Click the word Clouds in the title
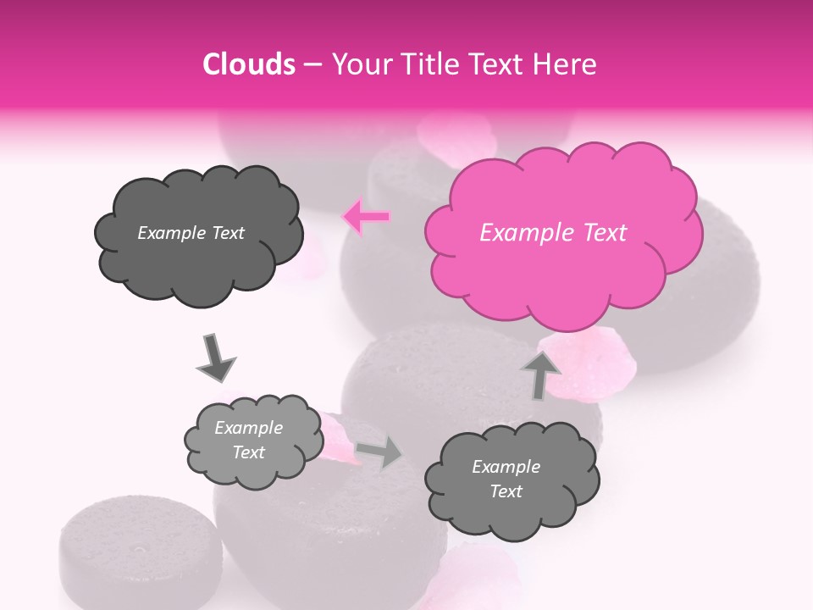pyautogui.click(x=248, y=64)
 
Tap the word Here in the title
pyautogui.click(x=567, y=64)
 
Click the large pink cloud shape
pyautogui.click(x=563, y=233)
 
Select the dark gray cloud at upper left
pyautogui.click(x=198, y=234)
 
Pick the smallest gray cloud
pyautogui.click(x=253, y=441)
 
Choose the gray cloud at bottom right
pyautogui.click(x=511, y=480)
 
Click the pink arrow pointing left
pyautogui.click(x=366, y=217)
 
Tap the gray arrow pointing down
pyautogui.click(x=215, y=358)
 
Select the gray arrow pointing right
pyautogui.click(x=379, y=453)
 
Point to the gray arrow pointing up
pyautogui.click(x=540, y=374)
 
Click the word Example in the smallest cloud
pyautogui.click(x=248, y=428)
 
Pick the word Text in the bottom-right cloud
pyautogui.click(x=506, y=491)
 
